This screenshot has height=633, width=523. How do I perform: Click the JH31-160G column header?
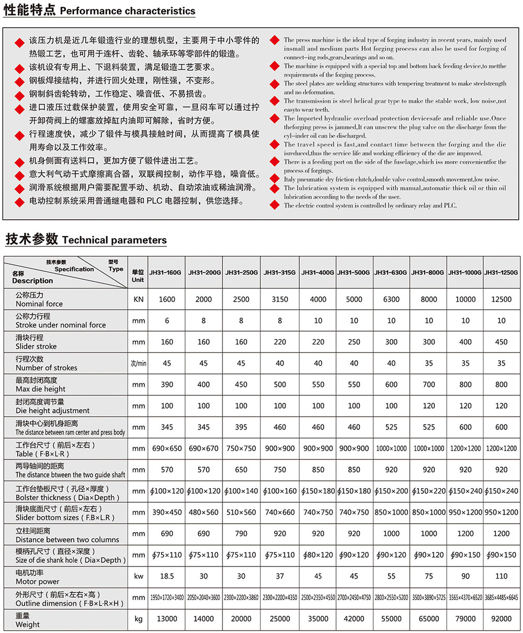pyautogui.click(x=167, y=273)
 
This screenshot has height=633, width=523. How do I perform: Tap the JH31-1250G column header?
pyautogui.click(x=502, y=273)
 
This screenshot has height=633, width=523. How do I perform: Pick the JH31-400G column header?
pyautogui.click(x=318, y=273)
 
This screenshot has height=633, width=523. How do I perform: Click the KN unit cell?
pyautogui.click(x=138, y=299)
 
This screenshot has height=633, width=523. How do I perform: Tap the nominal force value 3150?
pyautogui.click(x=280, y=299)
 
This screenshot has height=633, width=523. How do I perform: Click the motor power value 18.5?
pyautogui.click(x=167, y=576)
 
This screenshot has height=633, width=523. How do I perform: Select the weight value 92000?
pyautogui.click(x=502, y=619)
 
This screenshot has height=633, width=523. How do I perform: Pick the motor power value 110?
pyautogui.click(x=502, y=576)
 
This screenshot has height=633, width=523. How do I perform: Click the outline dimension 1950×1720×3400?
pyautogui.click(x=167, y=597)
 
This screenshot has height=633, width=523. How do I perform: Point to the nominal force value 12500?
pyautogui.click(x=502, y=299)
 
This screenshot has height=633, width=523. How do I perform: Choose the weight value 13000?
pyautogui.click(x=167, y=619)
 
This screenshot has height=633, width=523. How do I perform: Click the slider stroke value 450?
pyautogui.click(x=502, y=342)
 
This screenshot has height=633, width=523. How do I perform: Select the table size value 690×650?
pyautogui.click(x=167, y=448)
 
